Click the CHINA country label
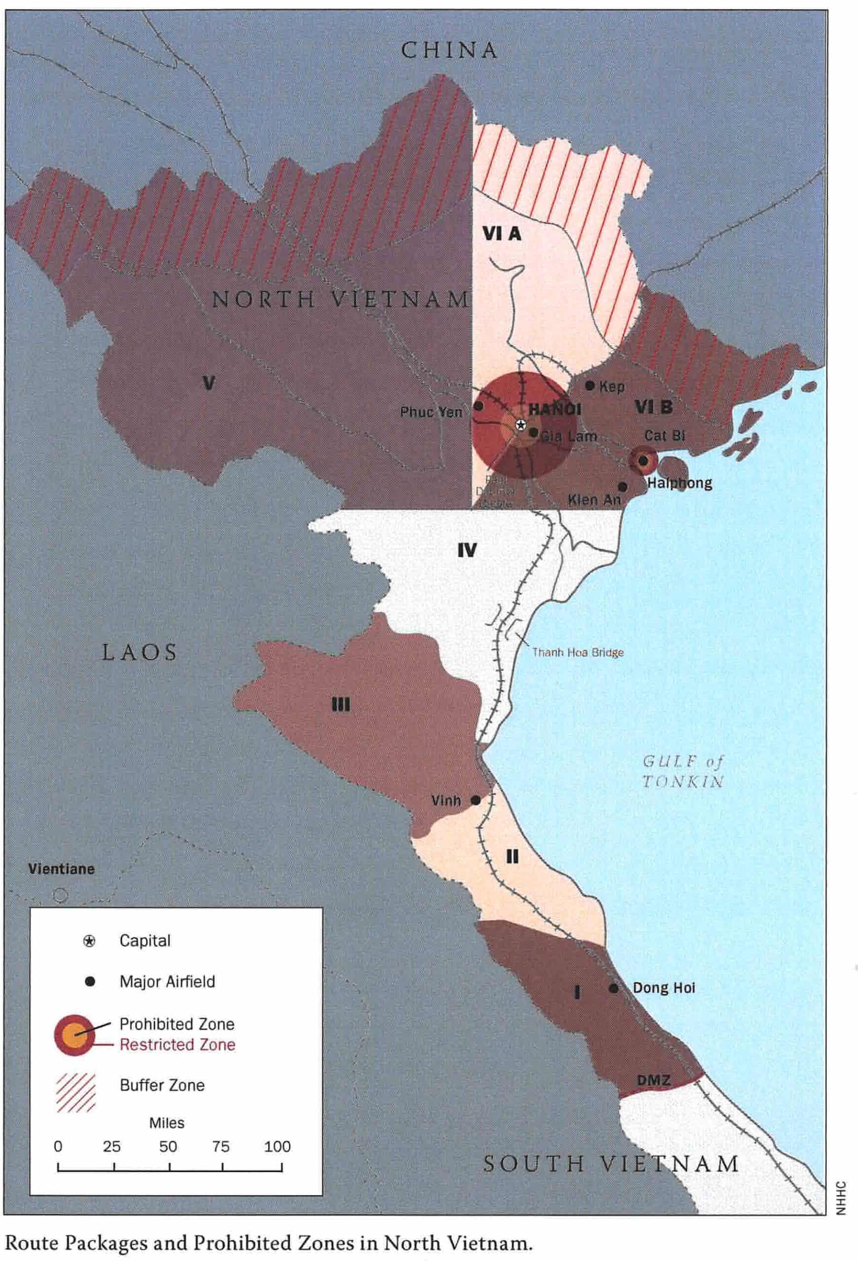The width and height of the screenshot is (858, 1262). (x=449, y=50)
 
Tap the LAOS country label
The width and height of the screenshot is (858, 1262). (x=140, y=652)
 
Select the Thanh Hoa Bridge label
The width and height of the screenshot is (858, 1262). (x=577, y=652)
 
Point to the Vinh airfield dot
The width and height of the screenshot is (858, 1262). (x=475, y=800)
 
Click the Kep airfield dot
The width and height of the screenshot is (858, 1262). (x=590, y=386)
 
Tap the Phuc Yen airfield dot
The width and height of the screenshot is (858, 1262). (x=479, y=406)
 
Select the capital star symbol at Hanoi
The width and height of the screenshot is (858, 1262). (x=520, y=424)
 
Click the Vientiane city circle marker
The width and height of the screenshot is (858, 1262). (x=60, y=894)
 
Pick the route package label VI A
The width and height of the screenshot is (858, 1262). (x=502, y=234)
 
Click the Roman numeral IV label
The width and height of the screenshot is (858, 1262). (x=466, y=551)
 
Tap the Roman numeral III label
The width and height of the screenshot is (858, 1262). (x=340, y=705)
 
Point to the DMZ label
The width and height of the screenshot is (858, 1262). (x=653, y=1081)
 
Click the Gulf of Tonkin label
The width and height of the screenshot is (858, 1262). (x=682, y=771)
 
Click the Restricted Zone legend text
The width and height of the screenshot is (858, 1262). (x=178, y=1045)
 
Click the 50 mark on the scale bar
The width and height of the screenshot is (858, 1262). (x=168, y=1146)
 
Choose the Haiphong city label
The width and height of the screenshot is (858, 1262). (x=679, y=483)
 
